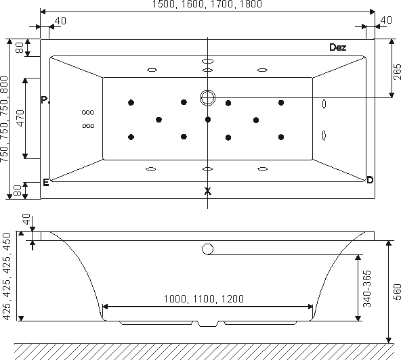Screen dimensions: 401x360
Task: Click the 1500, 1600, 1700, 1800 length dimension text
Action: [x=207, y=4]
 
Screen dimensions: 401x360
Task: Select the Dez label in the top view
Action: [x=337, y=47]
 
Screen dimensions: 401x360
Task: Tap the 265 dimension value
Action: [x=397, y=72]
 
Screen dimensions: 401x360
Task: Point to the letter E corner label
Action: [x=46, y=183]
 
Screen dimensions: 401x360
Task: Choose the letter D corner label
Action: [x=370, y=180]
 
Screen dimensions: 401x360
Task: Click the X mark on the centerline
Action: [x=208, y=191]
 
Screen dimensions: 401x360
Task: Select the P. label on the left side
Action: [x=45, y=100]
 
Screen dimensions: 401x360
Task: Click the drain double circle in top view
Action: [x=207, y=97]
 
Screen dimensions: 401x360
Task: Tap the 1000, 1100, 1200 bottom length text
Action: [x=204, y=298]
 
